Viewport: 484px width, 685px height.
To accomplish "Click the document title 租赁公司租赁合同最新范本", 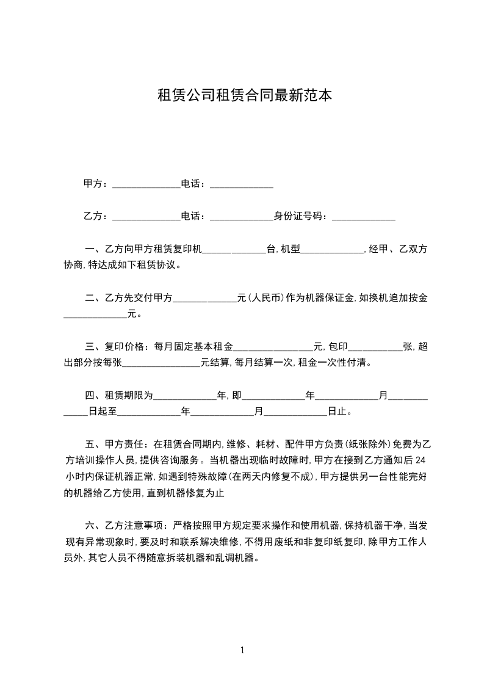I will pos(245,95).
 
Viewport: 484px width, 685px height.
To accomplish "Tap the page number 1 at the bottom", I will pos(242,650).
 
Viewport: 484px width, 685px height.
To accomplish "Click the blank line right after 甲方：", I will pos(146,184).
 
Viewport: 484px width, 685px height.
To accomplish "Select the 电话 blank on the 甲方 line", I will pos(242,184).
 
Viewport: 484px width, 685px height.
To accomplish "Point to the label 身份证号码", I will pos(300,216).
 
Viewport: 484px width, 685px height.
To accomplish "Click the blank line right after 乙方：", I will pos(146,217).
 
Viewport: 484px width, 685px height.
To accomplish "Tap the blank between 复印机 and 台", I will pos(234,250).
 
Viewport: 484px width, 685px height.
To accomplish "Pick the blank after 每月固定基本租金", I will pos(273,347).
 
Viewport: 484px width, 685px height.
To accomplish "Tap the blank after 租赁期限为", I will pos(184,396).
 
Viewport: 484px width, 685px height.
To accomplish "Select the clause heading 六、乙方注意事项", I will pos(125,525).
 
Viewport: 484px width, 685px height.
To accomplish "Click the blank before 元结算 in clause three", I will pos(162,363).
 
